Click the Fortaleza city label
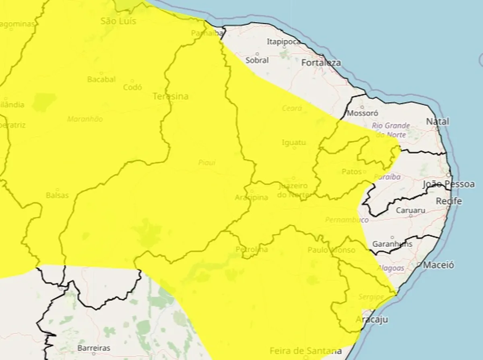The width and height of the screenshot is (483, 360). [321, 63]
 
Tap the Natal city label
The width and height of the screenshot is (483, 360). [438, 121]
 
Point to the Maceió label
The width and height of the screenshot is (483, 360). [438, 265]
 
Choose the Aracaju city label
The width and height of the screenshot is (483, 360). [372, 320]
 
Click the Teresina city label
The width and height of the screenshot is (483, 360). [171, 97]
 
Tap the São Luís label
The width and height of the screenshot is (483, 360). [118, 21]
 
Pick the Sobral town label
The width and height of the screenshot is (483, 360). [257, 60]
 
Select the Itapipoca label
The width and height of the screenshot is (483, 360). [284, 41]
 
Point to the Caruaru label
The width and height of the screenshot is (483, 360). [411, 210]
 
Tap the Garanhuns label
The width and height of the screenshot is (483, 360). [392, 244]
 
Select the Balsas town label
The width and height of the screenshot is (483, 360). [57, 195]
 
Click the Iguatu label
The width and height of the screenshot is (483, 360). [294, 142]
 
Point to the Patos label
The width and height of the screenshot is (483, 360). [351, 172]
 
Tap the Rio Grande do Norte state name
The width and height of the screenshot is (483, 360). [390, 130]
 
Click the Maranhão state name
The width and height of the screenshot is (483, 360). [85, 119]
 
